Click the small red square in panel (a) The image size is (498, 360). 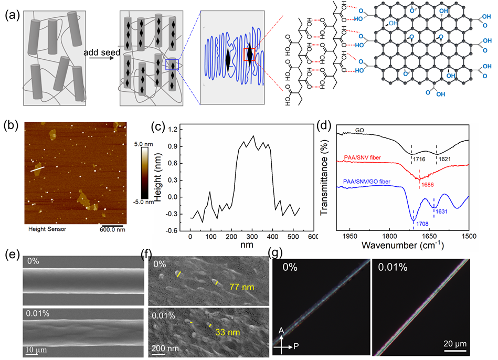pyautogui.click(x=250, y=54)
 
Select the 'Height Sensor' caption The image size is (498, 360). pyautogui.click(x=47, y=229)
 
